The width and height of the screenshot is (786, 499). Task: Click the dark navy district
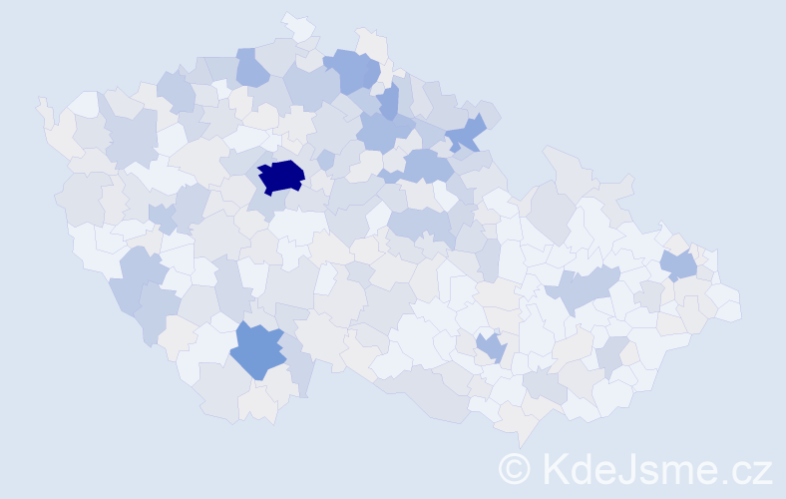(280, 176)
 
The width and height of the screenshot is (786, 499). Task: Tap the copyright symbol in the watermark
(515, 469)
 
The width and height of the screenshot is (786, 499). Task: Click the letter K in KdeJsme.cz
(554, 469)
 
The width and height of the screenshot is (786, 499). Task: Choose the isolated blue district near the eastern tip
(679, 265)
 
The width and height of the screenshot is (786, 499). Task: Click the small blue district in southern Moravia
(491, 347)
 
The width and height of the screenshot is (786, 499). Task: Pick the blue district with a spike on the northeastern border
(466, 134)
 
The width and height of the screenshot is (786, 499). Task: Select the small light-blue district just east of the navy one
(325, 160)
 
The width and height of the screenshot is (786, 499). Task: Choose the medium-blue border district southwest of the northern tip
(250, 68)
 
